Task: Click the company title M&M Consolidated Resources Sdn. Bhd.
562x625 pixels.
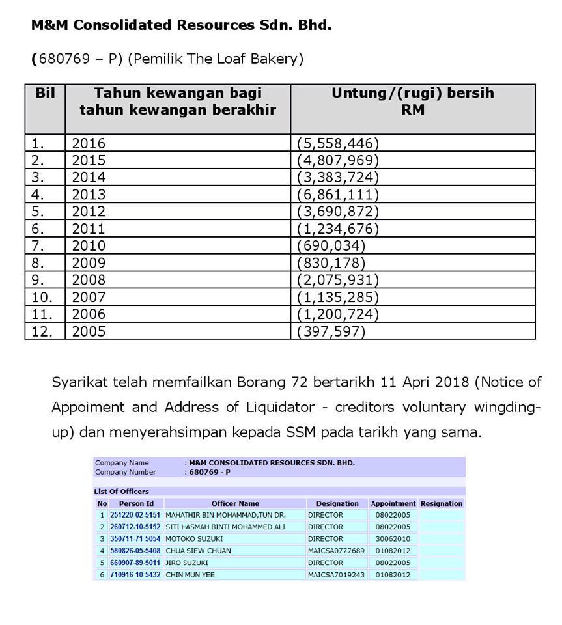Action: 181,25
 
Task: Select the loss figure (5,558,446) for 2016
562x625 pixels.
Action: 337,143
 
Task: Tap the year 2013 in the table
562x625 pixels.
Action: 89,194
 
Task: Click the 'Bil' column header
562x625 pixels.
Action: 45,93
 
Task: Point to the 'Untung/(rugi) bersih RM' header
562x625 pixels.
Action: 413,102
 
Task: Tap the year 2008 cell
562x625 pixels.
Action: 89,280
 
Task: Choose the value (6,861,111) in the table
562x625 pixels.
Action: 337,194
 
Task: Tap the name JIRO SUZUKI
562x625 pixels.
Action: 187,562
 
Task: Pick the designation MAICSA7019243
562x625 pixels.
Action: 337,575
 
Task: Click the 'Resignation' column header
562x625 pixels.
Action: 442,503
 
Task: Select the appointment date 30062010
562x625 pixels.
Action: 393,539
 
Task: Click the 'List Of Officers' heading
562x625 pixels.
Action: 122,492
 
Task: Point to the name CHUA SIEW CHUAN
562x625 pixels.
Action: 198,551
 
